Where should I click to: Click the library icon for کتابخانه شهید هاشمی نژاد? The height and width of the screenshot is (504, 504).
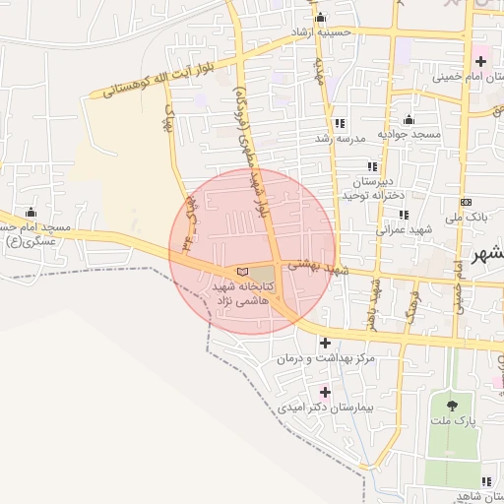242,273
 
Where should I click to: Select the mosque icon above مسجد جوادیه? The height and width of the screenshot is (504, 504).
409,120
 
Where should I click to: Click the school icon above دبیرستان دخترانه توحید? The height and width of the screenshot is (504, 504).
372,166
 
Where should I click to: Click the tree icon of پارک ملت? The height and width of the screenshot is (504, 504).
452,404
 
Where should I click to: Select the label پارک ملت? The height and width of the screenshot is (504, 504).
457,420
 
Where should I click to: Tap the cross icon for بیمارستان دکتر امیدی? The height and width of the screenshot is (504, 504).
325,392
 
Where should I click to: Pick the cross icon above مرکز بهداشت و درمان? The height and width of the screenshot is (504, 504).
325,343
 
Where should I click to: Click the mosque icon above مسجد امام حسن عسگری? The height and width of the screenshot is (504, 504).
31,213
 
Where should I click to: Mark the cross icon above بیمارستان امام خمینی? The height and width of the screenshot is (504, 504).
479,61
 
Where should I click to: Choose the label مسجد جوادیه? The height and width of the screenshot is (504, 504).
411,134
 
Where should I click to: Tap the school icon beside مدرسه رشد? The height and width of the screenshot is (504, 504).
340,123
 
